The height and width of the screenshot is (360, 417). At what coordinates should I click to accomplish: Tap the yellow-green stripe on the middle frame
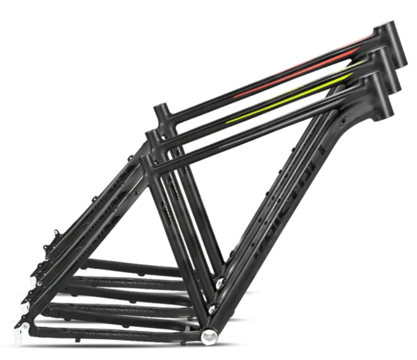pyautogui.click(x=289, y=100)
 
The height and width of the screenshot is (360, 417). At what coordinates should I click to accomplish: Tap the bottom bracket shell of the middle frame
pyautogui.click(x=213, y=307)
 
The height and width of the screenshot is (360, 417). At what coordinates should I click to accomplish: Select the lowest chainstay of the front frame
pyautogui.click(x=111, y=331)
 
